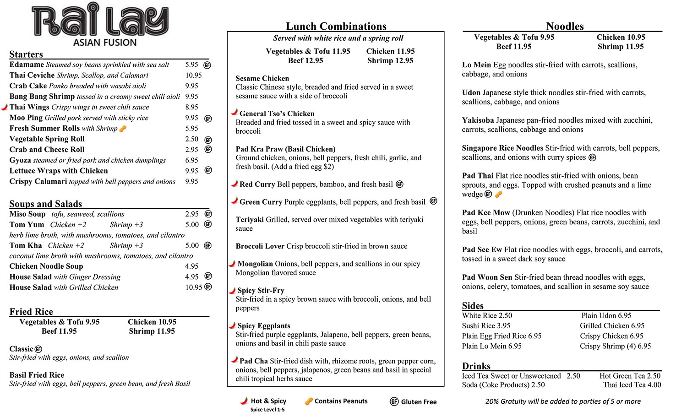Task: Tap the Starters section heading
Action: pyautogui.click(x=26, y=54)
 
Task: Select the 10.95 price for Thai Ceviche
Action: pyautogui.click(x=193, y=76)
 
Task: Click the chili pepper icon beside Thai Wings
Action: pyautogui.click(x=5, y=107)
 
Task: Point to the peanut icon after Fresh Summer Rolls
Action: pyautogui.click(x=123, y=129)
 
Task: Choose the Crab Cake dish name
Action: pyautogui.click(x=28, y=86)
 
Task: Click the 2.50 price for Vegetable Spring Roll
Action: pyautogui.click(x=191, y=139)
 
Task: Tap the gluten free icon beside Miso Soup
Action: pyautogui.click(x=208, y=214)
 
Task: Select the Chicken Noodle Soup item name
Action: pyautogui.click(x=46, y=266)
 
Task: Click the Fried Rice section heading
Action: pyautogui.click(x=31, y=312)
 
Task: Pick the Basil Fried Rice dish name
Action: pyautogui.click(x=37, y=375)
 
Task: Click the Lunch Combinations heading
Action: pyautogui.click(x=336, y=26)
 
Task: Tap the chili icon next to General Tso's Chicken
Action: pyautogui.click(x=234, y=113)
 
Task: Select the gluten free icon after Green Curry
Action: pyautogui.click(x=433, y=201)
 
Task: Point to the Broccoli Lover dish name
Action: pyautogui.click(x=260, y=246)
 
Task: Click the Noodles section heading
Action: pyautogui.click(x=565, y=26)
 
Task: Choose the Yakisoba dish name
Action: pyautogui.click(x=478, y=120)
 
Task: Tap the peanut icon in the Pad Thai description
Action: pyautogui.click(x=499, y=195)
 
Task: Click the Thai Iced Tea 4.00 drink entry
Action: pyautogui.click(x=632, y=385)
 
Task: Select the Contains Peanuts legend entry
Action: pyautogui.click(x=336, y=401)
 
